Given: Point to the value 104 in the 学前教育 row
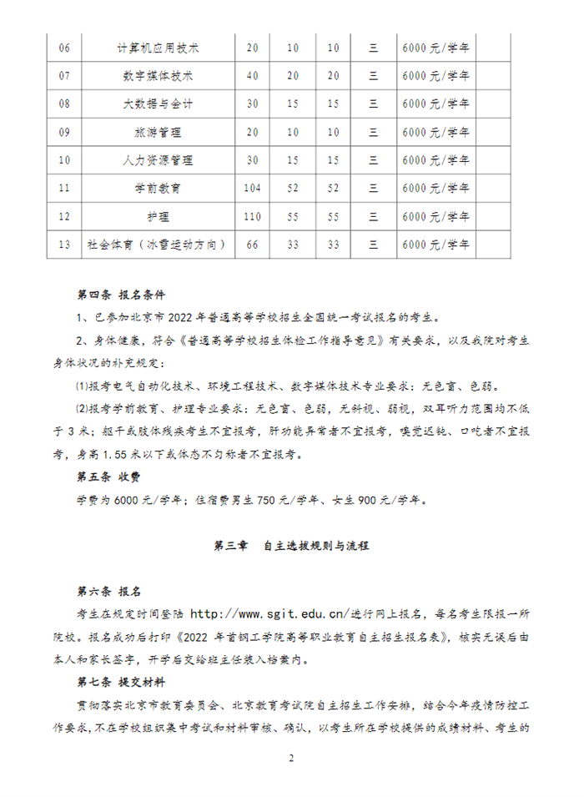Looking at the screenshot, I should tap(253, 189).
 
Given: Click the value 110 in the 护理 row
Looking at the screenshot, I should tap(253, 217).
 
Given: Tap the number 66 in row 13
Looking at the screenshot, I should tap(253, 245).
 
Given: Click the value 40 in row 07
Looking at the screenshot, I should tap(253, 76).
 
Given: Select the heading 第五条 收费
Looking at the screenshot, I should tap(109, 479).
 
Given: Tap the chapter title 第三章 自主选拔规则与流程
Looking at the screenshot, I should tap(291, 546).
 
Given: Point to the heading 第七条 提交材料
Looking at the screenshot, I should tap(121, 683).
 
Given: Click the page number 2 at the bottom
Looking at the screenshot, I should tap(291, 759).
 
